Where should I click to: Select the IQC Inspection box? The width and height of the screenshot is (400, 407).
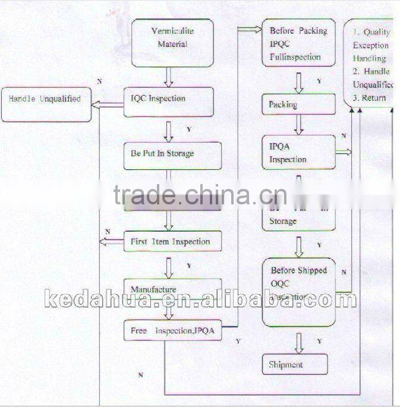(x=168, y=102)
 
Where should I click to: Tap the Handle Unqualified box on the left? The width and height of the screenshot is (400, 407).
(x=46, y=105)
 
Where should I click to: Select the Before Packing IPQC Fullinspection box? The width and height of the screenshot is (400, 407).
(x=298, y=44)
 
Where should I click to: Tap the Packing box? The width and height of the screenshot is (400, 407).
(x=298, y=105)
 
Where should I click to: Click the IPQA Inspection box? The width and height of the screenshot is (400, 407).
(x=299, y=153)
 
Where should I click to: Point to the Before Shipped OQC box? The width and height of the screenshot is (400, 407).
(x=298, y=291)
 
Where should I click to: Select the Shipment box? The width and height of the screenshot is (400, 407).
(x=295, y=364)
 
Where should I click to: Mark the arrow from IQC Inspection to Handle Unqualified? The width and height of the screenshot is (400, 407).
(x=108, y=105)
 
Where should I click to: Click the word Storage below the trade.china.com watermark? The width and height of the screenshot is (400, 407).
(x=283, y=221)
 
